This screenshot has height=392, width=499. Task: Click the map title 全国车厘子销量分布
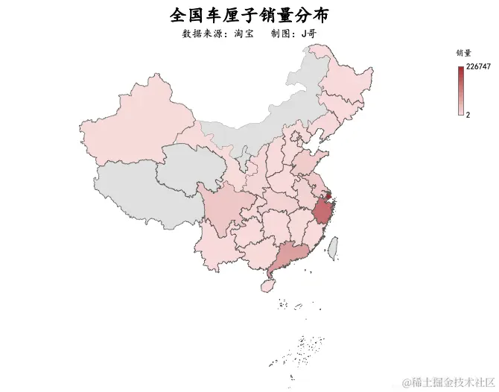249,15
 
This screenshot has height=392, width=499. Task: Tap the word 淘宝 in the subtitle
244,34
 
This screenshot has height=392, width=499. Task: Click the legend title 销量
463,54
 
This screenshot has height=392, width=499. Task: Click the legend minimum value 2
468,116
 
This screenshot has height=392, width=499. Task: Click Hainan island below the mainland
267,285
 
